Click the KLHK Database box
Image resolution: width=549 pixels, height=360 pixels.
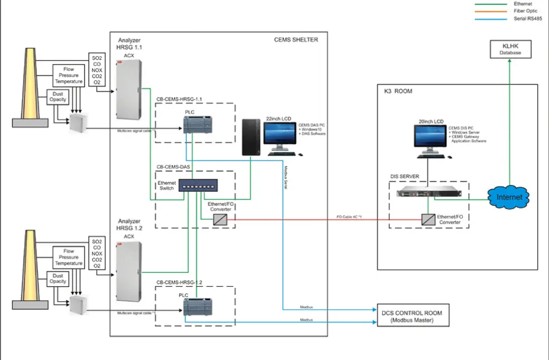pyautogui.click(x=510, y=50)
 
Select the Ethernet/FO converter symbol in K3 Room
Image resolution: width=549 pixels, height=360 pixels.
pyautogui.click(x=429, y=219)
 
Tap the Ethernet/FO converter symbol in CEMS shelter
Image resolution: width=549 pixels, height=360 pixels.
pyautogui.click(x=219, y=219)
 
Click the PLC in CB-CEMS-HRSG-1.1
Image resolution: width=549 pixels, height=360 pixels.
pyautogui.click(x=195, y=125)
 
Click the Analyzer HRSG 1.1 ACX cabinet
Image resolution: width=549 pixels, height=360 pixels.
pyautogui.click(x=129, y=89)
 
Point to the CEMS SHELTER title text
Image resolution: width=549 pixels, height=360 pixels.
pyautogui.click(x=296, y=39)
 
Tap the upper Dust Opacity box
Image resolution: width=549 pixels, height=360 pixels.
pyautogui.click(x=57, y=97)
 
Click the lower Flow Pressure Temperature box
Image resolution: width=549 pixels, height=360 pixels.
pyautogui.click(x=68, y=258)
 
